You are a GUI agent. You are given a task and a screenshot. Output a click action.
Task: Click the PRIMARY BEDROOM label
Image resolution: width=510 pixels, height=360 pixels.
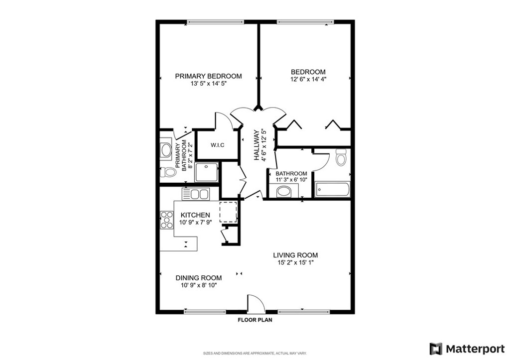point(209,76)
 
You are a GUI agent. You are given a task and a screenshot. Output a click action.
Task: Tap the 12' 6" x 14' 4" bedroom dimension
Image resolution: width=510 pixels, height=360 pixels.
point(308,79)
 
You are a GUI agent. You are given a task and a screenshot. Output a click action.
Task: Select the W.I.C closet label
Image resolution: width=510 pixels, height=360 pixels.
point(217,145)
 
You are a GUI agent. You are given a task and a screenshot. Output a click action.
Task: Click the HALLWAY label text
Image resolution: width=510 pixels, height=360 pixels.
point(256,145)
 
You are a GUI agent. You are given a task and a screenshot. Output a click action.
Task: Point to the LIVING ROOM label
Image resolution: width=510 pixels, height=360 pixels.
point(295,255)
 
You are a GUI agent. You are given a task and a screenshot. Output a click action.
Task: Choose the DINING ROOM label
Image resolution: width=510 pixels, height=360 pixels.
point(199,278)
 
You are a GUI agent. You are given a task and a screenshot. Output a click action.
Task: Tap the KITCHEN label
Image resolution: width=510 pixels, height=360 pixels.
point(195,215)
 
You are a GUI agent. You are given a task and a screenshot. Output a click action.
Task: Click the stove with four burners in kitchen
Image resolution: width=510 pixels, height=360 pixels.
point(166,220)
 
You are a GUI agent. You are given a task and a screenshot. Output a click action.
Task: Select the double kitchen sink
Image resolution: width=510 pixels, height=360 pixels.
point(196,194)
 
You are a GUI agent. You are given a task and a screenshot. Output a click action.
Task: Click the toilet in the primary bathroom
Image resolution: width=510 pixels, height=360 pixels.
point(168,172)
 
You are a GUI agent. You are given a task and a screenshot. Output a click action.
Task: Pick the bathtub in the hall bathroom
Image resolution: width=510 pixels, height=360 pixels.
point(332,189)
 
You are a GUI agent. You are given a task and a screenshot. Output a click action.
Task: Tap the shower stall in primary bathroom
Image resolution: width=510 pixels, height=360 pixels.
point(207,172)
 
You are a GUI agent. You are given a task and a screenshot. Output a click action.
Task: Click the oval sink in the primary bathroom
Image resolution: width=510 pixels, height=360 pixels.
point(166,150)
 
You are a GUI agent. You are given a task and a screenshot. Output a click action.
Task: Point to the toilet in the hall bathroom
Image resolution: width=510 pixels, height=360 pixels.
point(341,157)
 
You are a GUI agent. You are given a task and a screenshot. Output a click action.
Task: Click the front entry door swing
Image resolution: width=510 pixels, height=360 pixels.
point(256,303)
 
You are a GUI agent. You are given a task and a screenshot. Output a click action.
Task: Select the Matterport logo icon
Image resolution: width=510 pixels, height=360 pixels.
point(436,349)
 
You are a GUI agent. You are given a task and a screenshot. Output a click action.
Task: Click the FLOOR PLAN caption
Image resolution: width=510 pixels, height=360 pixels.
point(255,320)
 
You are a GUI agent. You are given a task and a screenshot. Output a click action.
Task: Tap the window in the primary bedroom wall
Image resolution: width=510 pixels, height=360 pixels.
point(215,22)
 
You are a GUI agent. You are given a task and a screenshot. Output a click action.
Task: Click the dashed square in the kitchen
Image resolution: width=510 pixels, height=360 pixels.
point(228,212)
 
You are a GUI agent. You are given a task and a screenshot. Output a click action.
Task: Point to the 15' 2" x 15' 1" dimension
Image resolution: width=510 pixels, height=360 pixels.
point(295,263)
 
